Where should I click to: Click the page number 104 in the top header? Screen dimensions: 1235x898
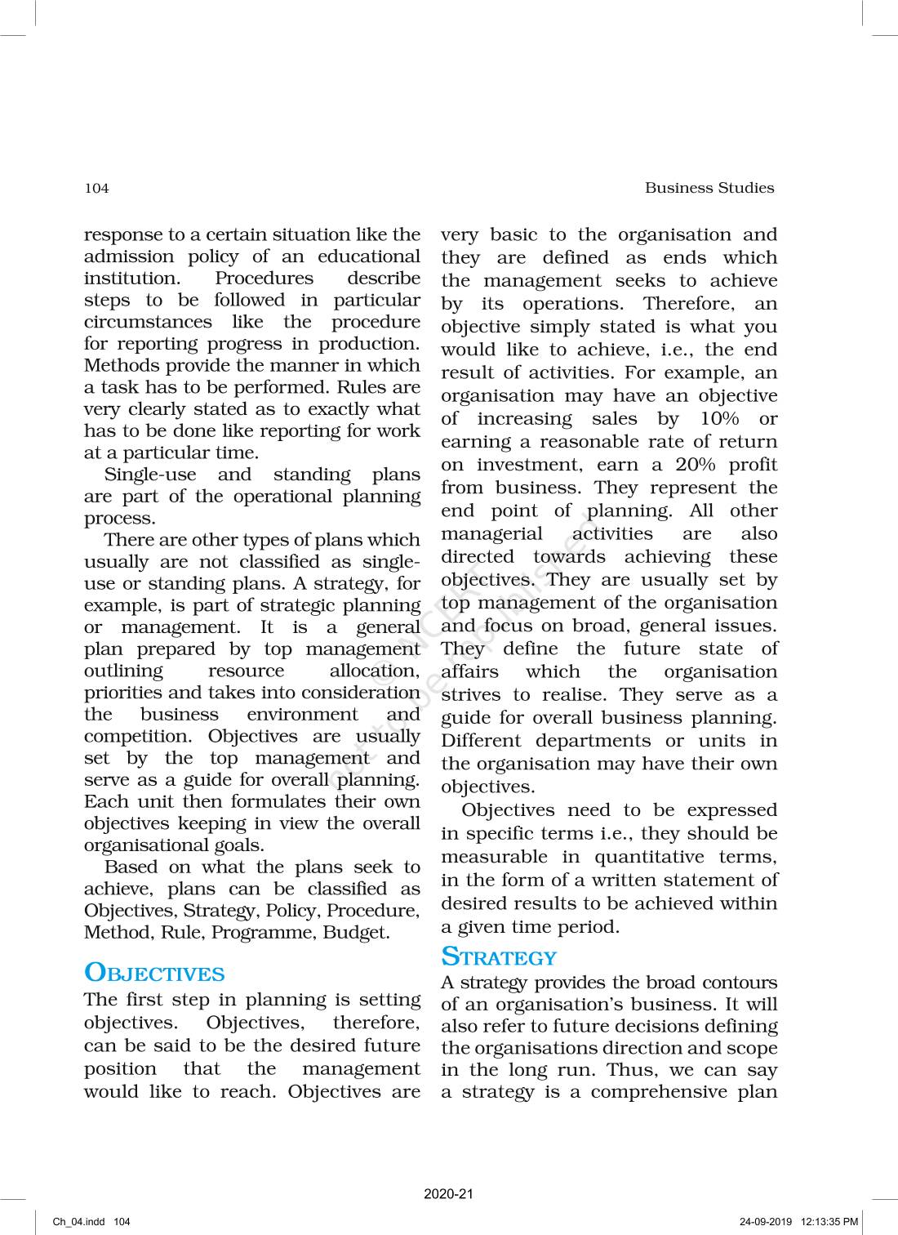96,189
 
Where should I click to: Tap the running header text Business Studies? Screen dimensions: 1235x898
709,188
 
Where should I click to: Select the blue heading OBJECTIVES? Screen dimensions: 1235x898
153,973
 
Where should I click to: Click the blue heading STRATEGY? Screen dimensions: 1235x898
498,956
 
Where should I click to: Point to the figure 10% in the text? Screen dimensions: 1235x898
719,419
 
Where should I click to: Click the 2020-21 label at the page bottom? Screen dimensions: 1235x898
448,1194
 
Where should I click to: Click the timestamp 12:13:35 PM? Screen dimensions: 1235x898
829,1222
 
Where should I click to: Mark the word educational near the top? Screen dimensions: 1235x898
368,256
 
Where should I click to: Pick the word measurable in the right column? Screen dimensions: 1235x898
494,857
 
